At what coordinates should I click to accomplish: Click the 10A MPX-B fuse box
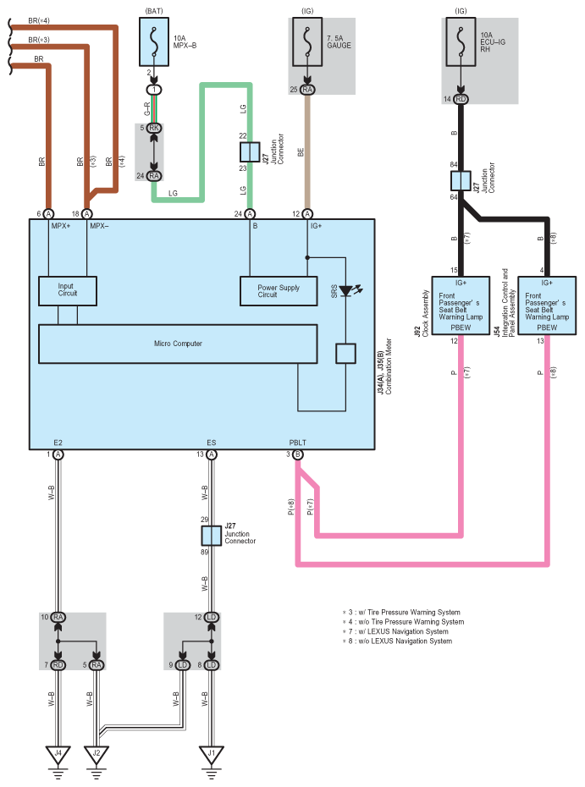point(154,42)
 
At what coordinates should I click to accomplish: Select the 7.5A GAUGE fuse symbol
point(307,42)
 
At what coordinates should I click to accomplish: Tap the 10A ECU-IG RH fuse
point(461,42)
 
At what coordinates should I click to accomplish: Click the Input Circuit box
point(68,290)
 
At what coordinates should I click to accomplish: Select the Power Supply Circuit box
point(279,291)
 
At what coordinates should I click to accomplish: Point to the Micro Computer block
point(178,344)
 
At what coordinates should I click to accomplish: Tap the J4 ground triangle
point(58,754)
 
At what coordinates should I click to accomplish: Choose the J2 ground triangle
point(97,754)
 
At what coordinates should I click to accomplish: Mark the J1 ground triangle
point(212,754)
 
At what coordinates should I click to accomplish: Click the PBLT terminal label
point(297,443)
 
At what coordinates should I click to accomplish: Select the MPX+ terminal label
point(61,226)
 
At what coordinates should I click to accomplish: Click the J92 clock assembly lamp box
point(461,305)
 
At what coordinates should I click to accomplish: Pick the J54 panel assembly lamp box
point(547,305)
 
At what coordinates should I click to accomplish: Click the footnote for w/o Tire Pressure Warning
point(403,622)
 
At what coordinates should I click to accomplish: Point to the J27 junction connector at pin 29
point(212,536)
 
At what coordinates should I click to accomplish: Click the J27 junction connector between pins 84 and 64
point(461,181)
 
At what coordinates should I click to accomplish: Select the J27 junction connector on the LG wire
point(250,152)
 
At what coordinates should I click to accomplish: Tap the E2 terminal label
point(58,443)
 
